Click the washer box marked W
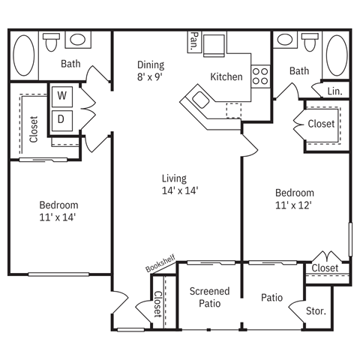pyautogui.click(x=62, y=97)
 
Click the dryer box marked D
pyautogui.click(x=62, y=121)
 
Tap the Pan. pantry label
pyautogui.click(x=194, y=42)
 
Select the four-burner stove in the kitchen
pyautogui.click(x=260, y=76)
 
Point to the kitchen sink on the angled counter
pyautogui.click(x=200, y=100)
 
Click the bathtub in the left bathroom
pyautogui.click(x=24, y=55)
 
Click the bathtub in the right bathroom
pyautogui.click(x=337, y=55)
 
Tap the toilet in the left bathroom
pyautogui.click(x=51, y=42)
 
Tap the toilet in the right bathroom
pyautogui.click(x=310, y=42)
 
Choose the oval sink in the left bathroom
pyautogui.click(x=78, y=40)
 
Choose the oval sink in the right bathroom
pyautogui.click(x=285, y=40)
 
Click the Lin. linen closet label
pyautogui.click(x=334, y=91)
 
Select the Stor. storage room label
pyautogui.click(x=316, y=311)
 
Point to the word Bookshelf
pyautogui.click(x=160, y=263)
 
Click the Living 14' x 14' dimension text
pyautogui.click(x=180, y=184)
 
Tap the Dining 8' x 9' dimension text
pyautogui.click(x=151, y=70)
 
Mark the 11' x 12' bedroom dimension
pyautogui.click(x=293, y=205)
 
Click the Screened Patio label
pyautogui.click(x=209, y=297)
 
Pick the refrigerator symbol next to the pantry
pyautogui.click(x=214, y=46)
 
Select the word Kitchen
pyautogui.click(x=226, y=76)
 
